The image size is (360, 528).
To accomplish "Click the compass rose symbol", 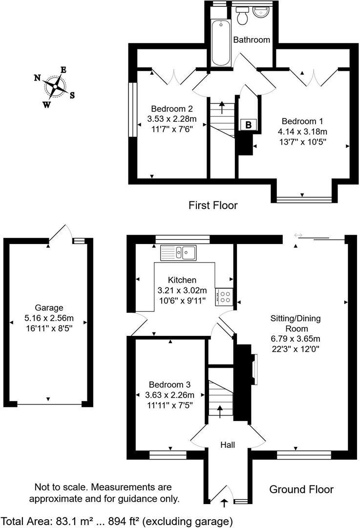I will (55, 87).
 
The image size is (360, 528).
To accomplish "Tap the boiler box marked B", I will (248, 125).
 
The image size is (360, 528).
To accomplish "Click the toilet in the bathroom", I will (242, 18).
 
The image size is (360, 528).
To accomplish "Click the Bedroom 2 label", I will (171, 109).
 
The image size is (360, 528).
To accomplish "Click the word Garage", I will (49, 308).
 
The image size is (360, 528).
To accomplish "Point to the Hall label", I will (228, 445).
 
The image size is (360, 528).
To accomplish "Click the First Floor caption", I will (213, 205).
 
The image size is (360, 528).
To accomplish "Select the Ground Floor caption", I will (301, 489).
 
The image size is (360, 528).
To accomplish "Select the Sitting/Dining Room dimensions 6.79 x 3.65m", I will (296, 338).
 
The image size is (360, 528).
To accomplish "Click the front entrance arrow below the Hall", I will (225, 502).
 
